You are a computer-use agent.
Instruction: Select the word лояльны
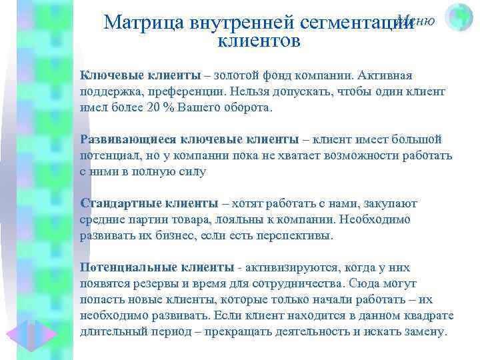point(241,219)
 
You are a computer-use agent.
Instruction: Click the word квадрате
point(427,315)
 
